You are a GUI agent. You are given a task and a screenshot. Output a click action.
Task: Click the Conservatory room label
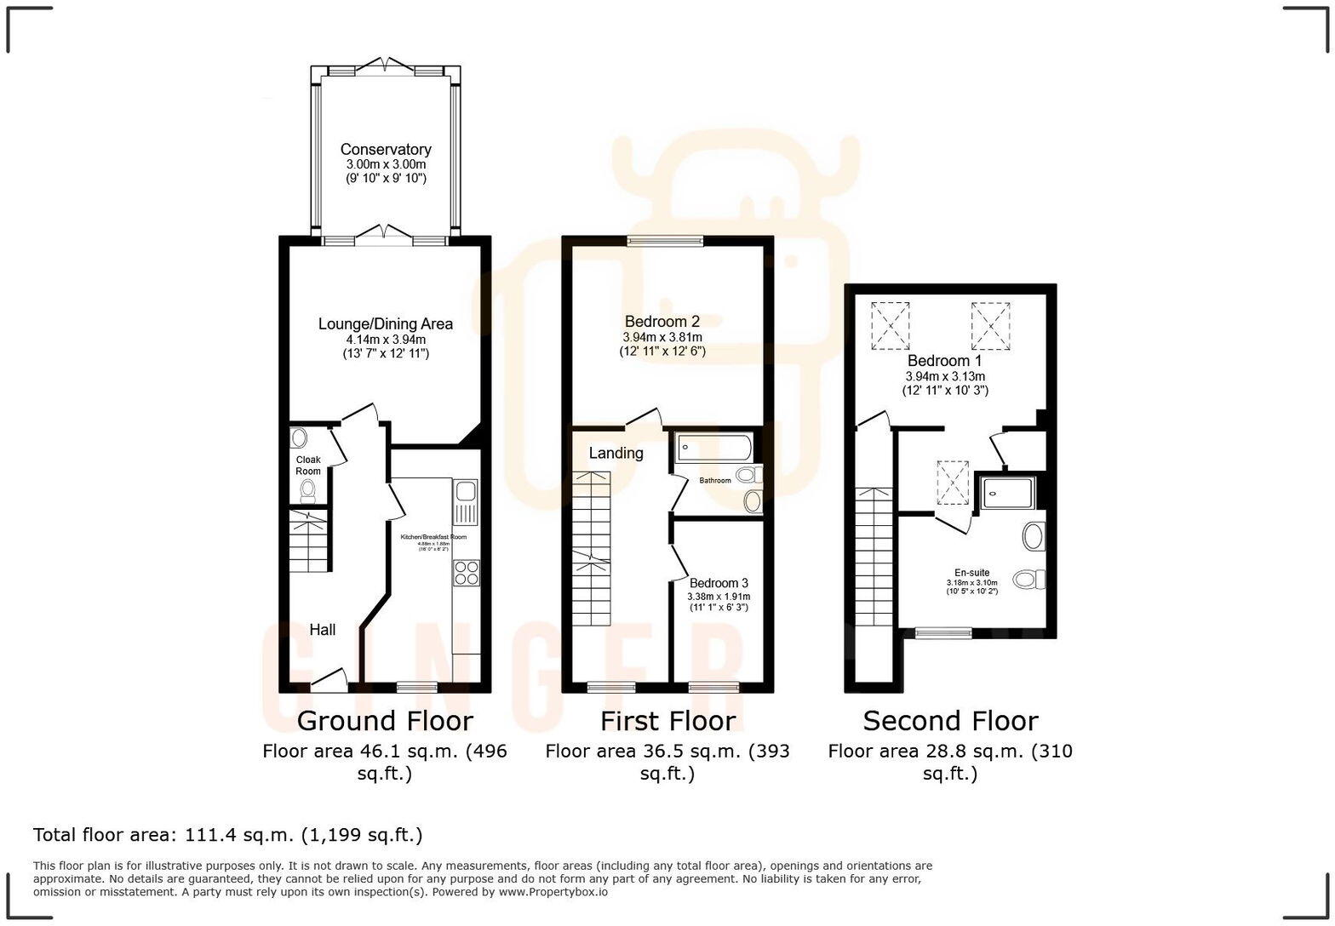pos(386,150)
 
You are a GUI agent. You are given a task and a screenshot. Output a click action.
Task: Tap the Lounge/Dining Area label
pos(385,323)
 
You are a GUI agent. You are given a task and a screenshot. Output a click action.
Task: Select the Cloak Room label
pos(308,466)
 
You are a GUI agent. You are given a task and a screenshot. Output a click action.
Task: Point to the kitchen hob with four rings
pos(466,573)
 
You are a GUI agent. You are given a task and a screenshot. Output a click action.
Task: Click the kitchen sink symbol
pos(465,501)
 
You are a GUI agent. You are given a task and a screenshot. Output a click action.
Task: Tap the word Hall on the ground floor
pos(322,630)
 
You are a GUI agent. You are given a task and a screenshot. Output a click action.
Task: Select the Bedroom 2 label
pos(662,322)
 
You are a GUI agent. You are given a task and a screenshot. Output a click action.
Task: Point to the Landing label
pos(616,453)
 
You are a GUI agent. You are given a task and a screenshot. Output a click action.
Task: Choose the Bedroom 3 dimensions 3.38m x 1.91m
pos(718,597)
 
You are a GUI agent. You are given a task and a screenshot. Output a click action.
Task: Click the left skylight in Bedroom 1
pos(890,326)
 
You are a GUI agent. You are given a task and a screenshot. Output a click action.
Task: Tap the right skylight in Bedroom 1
pos(990,326)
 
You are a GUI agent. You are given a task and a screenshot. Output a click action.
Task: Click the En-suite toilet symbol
pos(1031,580)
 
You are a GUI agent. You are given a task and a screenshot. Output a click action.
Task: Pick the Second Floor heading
pos(950,721)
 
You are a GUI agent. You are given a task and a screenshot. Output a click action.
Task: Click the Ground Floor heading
pos(384,721)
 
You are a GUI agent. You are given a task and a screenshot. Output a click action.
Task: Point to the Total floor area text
pos(227,835)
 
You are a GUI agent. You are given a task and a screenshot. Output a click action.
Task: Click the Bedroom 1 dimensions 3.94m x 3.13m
pos(945,376)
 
